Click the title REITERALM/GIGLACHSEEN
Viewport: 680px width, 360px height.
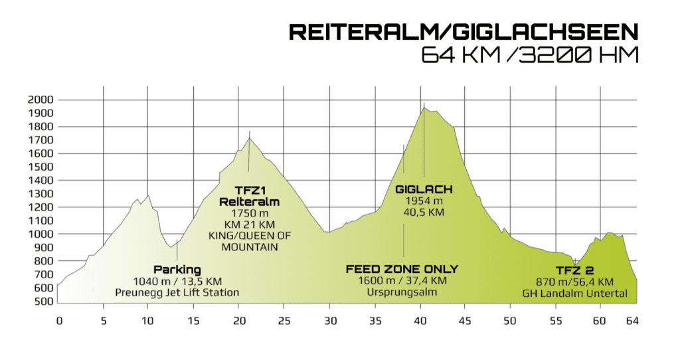click(x=463, y=32)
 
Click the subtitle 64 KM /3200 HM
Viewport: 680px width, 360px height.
click(x=529, y=54)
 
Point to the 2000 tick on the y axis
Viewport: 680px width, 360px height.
click(x=41, y=100)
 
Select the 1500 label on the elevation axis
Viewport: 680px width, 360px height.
click(x=41, y=167)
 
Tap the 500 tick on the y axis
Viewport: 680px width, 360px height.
click(x=43, y=302)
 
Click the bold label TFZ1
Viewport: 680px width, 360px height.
click(x=249, y=190)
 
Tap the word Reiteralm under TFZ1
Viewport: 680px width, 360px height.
click(x=249, y=201)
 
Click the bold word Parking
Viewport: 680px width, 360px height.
click(x=177, y=270)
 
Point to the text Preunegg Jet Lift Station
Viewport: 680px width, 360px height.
click(x=177, y=292)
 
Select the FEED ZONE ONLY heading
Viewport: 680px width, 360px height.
click(x=402, y=269)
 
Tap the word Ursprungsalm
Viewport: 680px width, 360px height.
click(x=402, y=292)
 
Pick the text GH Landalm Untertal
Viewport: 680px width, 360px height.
click(x=574, y=293)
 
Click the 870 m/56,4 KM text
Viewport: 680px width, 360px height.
click(x=574, y=282)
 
